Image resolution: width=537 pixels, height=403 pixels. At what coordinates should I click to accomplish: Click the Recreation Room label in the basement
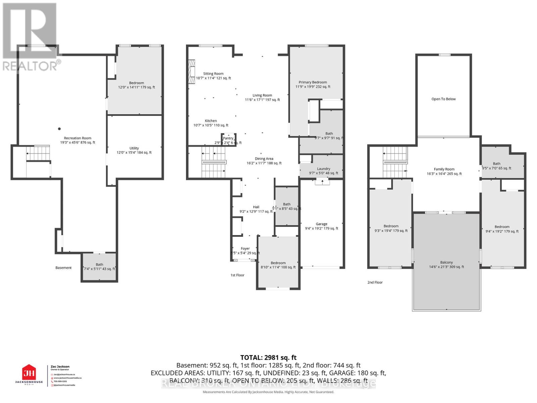pyautogui.click(x=78, y=138)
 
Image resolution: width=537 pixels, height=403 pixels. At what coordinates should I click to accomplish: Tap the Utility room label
pyautogui.click(x=134, y=148)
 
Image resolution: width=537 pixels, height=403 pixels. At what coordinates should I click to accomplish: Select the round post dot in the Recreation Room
pyautogui.click(x=59, y=129)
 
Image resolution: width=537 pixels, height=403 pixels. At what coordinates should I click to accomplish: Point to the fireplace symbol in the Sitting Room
pyautogui.click(x=191, y=72)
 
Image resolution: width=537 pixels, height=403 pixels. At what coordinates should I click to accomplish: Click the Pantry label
pyautogui.click(x=228, y=138)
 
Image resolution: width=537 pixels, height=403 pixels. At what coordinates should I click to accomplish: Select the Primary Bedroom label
pyautogui.click(x=313, y=82)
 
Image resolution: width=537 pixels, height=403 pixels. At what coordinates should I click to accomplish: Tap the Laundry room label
pyautogui.click(x=324, y=169)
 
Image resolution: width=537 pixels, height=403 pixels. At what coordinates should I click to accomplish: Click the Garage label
pyautogui.click(x=321, y=224)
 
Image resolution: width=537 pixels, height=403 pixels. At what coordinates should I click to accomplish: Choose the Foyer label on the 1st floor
pyautogui.click(x=245, y=249)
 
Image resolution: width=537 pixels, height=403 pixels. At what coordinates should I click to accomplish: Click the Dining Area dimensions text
pyautogui.click(x=264, y=163)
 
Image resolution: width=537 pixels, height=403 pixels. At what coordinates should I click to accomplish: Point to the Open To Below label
pyautogui.click(x=443, y=99)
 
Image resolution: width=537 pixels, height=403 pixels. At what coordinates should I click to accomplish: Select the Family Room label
pyautogui.click(x=444, y=169)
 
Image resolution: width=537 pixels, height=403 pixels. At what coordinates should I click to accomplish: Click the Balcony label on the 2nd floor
pyautogui.click(x=446, y=263)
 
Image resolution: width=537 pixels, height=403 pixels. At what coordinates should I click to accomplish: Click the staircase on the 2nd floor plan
pyautogui.click(x=395, y=162)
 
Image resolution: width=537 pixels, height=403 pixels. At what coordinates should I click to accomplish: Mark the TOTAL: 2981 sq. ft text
pyautogui.click(x=268, y=358)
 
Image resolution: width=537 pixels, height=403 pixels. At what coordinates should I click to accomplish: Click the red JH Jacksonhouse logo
pyautogui.click(x=29, y=373)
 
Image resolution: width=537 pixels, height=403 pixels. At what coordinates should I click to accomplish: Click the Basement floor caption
pyautogui.click(x=63, y=268)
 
